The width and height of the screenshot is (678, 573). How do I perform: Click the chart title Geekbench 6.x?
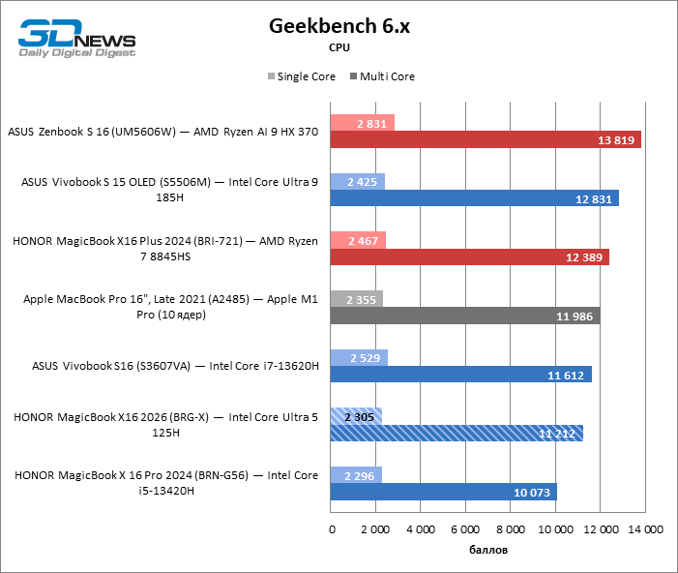(x=339, y=26)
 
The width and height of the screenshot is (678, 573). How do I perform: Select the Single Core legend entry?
(x=301, y=76)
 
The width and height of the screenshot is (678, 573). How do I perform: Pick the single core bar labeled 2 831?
(x=362, y=123)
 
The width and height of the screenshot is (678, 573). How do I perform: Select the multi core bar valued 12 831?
(x=474, y=198)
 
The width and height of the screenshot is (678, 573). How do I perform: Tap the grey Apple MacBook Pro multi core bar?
(x=464, y=316)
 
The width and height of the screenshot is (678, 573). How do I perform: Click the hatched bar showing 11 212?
(x=457, y=433)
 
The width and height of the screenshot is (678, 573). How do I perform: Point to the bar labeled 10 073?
(x=443, y=492)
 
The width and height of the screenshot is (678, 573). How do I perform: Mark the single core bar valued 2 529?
(x=359, y=357)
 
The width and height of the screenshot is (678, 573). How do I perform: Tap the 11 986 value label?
(x=575, y=317)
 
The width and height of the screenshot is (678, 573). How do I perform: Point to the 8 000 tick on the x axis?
(x=510, y=529)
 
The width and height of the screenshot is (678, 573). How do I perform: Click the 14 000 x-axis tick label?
(x=644, y=529)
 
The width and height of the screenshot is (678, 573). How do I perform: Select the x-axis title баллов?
(x=487, y=551)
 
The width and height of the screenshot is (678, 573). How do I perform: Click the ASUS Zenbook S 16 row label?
(x=162, y=132)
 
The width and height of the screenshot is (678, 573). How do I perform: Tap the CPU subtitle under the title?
(x=339, y=46)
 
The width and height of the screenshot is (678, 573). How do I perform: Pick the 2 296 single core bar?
(x=356, y=474)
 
